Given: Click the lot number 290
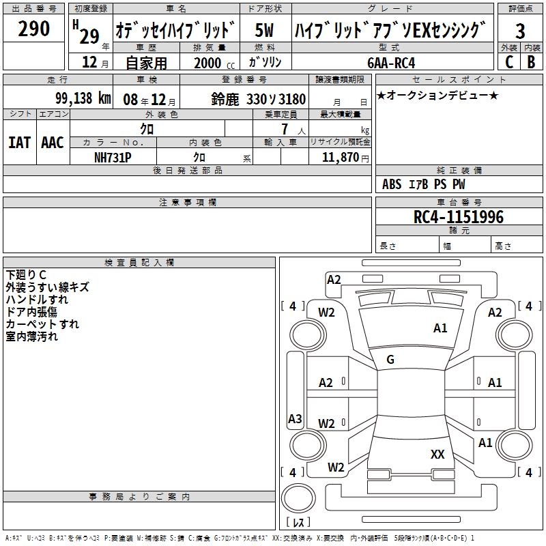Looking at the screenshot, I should point(34,29).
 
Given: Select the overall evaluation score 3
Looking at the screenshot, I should point(520,31).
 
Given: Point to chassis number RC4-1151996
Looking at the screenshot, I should point(459,217).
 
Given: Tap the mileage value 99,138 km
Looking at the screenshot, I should point(83,98).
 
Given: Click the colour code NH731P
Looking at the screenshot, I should point(113,157).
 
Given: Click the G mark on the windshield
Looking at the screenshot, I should point(390,360).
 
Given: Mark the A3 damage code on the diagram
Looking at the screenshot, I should point(295,419).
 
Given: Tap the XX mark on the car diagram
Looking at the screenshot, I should point(437,454).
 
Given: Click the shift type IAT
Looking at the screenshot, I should point(19,143).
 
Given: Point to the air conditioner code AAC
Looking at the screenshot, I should point(53,143).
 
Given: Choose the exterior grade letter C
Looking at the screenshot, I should point(509,62).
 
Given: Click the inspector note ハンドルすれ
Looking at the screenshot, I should point(37,300).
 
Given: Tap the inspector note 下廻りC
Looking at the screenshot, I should point(27,275).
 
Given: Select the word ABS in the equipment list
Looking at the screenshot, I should point(392,184).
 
